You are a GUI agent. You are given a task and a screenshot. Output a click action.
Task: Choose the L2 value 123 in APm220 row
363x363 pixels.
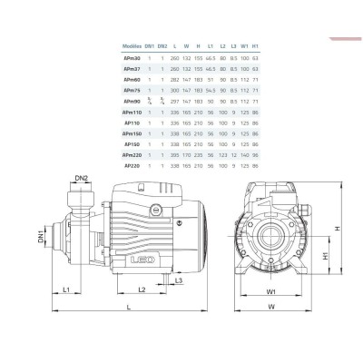tap(223, 155)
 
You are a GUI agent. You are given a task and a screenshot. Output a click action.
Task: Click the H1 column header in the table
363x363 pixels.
tap(257, 46)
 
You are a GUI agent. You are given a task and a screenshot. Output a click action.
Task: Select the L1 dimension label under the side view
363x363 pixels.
tap(68, 289)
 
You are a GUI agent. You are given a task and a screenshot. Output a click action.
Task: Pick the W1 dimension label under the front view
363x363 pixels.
tap(271, 291)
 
